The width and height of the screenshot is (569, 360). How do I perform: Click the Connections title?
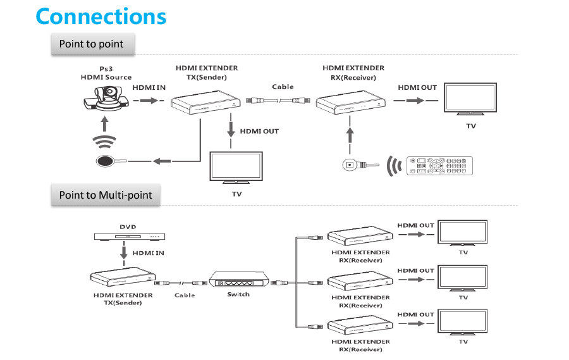coord(101,16)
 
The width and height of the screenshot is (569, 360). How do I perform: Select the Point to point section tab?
coord(92,44)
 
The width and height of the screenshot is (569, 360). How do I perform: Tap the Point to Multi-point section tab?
coord(106,195)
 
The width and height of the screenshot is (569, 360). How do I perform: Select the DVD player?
coord(130,237)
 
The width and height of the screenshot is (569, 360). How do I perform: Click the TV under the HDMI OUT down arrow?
coord(236,168)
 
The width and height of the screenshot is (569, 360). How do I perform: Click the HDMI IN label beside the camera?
coord(149,87)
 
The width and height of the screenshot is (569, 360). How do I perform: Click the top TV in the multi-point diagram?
coord(463,233)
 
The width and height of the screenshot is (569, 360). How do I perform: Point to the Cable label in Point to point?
coord(283,87)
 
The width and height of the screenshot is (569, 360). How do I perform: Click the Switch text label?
coord(238,294)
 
